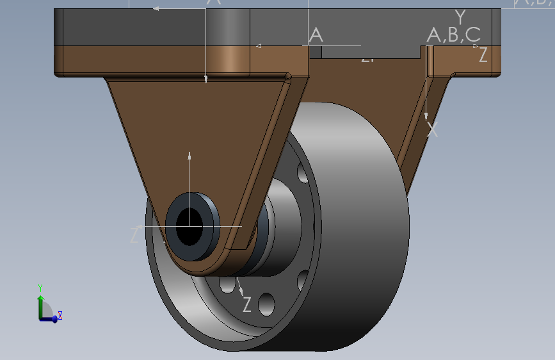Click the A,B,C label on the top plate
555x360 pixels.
(x=453, y=35)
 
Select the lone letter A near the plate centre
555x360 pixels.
(x=316, y=35)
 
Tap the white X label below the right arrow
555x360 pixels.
(x=433, y=130)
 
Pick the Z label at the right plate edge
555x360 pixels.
(x=483, y=56)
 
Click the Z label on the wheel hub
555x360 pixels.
(x=247, y=305)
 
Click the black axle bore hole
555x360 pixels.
(x=189, y=226)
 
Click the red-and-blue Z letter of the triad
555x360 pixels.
(x=60, y=315)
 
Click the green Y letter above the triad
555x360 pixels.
(x=40, y=288)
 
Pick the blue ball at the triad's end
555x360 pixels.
(x=54, y=319)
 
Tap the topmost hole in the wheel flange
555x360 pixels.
(x=302, y=171)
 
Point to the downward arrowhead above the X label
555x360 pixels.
(x=426, y=116)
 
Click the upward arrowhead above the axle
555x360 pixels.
(x=189, y=155)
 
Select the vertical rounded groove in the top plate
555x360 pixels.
(x=227, y=38)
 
